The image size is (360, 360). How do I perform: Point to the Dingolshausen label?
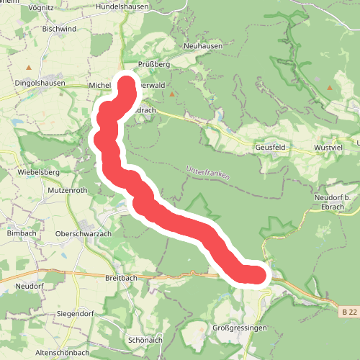(40, 83)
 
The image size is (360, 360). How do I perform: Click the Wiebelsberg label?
(39, 173)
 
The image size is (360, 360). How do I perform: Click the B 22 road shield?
(349, 312)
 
